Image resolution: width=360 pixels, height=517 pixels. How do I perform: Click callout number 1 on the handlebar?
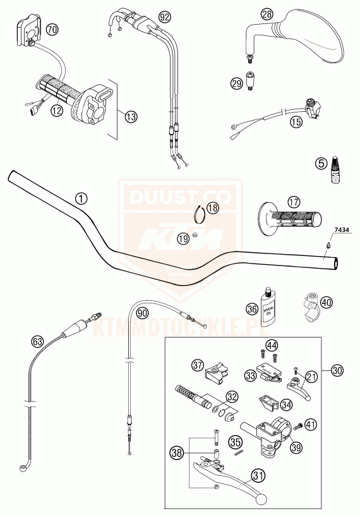80,198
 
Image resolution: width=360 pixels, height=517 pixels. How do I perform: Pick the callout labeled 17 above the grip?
292,202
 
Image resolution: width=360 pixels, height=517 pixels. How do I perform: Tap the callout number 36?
251,309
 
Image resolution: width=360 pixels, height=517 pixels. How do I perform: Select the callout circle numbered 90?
142,312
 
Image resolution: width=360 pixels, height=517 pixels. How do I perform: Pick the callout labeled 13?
131,116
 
